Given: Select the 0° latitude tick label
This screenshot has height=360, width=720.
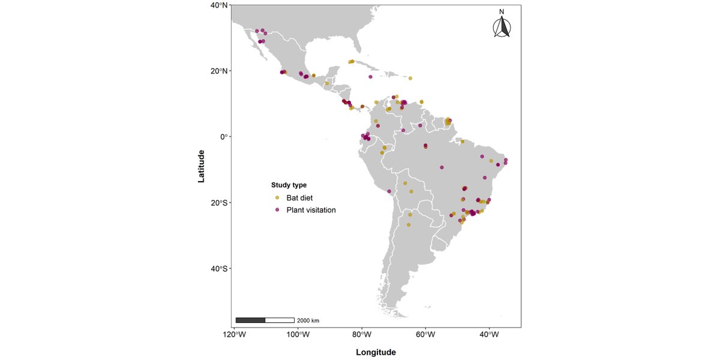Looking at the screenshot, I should (x=223, y=137).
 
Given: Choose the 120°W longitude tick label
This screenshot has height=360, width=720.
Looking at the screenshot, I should (x=235, y=335).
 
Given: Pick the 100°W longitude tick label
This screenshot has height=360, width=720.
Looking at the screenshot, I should (x=298, y=335).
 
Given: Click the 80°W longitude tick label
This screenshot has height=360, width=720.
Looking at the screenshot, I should (x=362, y=335).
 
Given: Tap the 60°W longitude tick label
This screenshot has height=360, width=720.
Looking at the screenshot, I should (x=425, y=335).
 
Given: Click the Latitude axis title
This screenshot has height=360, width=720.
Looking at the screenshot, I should (x=202, y=166).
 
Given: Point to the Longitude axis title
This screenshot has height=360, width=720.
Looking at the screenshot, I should (x=376, y=352).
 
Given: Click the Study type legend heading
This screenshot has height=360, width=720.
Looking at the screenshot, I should (x=289, y=185).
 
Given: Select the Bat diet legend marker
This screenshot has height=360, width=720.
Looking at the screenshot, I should (x=277, y=197).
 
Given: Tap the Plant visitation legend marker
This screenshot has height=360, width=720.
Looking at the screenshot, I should (x=277, y=210).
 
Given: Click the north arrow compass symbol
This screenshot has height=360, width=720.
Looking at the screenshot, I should (x=502, y=28).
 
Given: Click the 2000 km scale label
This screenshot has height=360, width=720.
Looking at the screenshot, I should (x=308, y=321).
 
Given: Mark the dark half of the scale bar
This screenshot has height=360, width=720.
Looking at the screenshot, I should (x=250, y=320).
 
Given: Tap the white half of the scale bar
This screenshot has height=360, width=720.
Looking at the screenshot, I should (x=280, y=320).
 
